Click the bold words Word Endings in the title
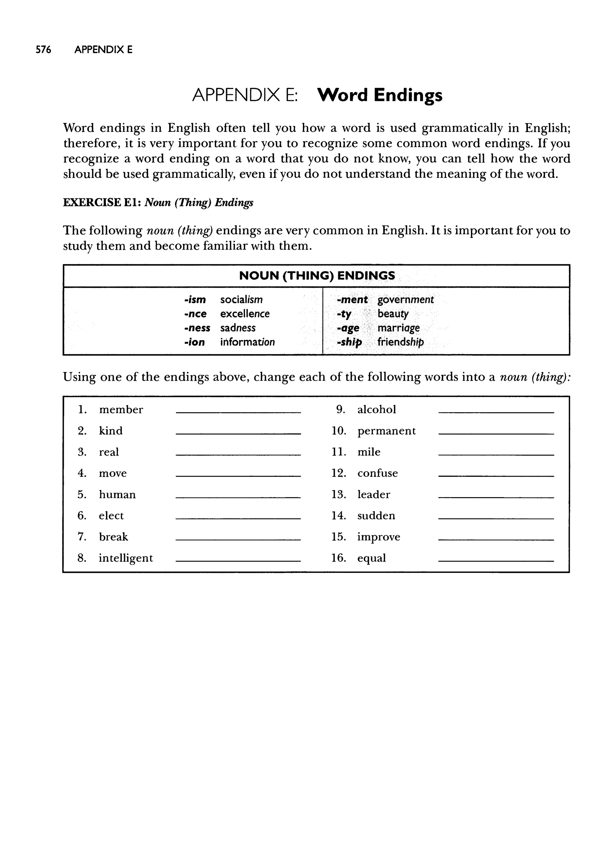[380, 95]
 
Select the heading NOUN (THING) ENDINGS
[317, 276]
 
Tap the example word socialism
[241, 300]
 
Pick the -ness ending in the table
[197, 328]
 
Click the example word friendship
[401, 342]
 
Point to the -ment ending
[352, 300]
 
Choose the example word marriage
[398, 328]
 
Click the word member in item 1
[121, 410]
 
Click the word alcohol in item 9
[376, 410]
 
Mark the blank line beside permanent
[496, 433]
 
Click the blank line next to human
[238, 497]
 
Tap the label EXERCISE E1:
[101, 203]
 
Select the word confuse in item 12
[377, 473]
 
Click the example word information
[247, 342]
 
